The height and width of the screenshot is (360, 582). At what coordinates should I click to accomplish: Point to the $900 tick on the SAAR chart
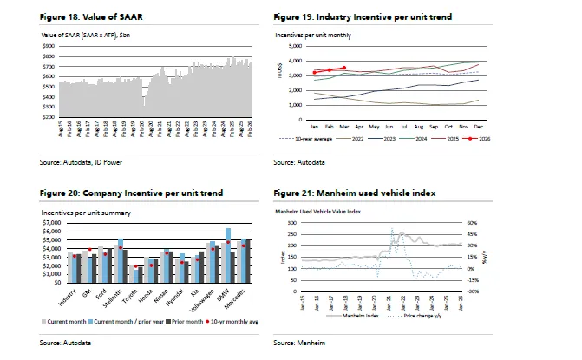pyautogui.click(x=49, y=46)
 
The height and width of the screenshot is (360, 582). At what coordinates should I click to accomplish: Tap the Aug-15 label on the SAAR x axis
pyautogui.click(x=61, y=128)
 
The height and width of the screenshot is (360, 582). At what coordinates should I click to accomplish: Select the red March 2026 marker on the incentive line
pyautogui.click(x=344, y=67)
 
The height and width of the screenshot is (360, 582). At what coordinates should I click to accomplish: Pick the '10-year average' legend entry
pyautogui.click(x=309, y=137)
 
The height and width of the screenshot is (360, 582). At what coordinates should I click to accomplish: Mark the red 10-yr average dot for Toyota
pyautogui.click(x=137, y=266)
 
